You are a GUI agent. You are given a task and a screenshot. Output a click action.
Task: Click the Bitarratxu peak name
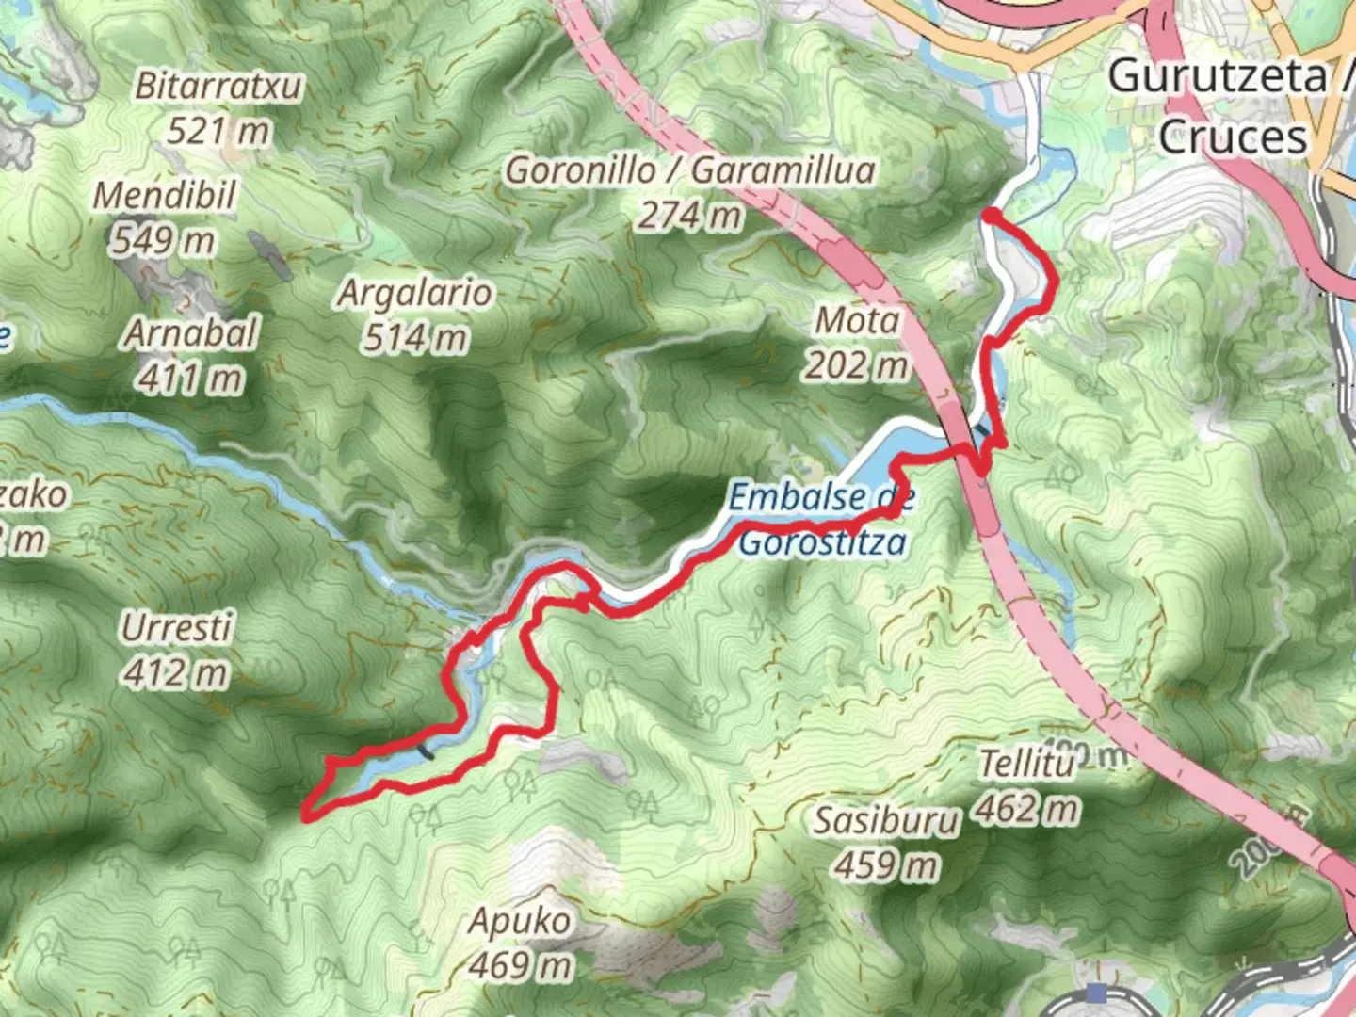click(x=218, y=87)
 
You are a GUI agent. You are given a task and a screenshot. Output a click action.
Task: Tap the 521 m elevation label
click(x=218, y=130)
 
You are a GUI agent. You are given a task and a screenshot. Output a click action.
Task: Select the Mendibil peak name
click(x=164, y=196)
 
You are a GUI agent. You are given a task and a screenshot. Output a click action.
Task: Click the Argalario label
click(x=414, y=293)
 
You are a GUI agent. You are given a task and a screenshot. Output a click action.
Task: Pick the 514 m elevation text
click(x=414, y=337)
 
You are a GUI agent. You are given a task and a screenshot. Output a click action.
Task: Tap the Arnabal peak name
click(x=191, y=333)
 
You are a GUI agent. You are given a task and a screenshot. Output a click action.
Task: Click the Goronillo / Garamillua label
click(x=690, y=170)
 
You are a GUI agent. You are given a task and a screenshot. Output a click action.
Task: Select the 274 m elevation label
click(x=690, y=216)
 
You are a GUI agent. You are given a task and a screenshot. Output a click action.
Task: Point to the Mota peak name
click(x=857, y=321)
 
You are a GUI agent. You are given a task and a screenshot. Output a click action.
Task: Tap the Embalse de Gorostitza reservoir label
click(x=822, y=519)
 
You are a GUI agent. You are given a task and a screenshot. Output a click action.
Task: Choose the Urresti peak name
click(x=176, y=627)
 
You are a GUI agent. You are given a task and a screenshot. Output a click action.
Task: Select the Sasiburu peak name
click(x=885, y=821)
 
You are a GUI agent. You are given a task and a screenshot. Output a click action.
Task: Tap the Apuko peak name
click(x=520, y=921)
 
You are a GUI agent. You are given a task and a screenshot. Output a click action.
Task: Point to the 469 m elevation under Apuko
click(x=520, y=965)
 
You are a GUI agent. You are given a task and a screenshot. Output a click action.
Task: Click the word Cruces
click(x=1233, y=137)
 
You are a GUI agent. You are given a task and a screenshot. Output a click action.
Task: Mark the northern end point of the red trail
click(x=989, y=217)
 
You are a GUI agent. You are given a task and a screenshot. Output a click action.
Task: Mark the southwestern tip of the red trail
click(x=306, y=817)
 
